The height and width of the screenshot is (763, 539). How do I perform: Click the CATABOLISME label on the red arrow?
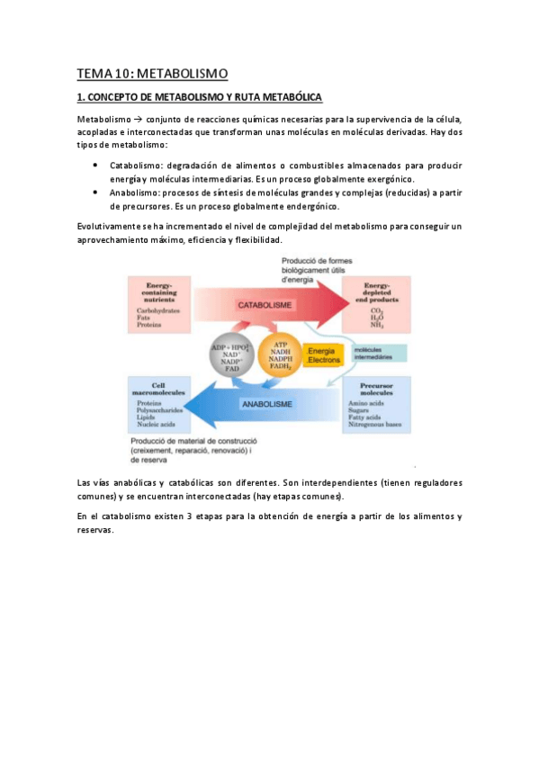(x=265, y=306)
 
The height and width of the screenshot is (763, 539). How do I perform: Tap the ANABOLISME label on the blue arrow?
(x=266, y=405)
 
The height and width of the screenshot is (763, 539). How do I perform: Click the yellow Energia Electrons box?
(x=324, y=355)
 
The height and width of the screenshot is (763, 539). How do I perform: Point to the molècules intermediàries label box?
(x=377, y=353)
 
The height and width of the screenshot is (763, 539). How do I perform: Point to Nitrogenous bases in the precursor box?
(x=381, y=423)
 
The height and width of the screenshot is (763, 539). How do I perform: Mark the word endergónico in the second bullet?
(x=305, y=206)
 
